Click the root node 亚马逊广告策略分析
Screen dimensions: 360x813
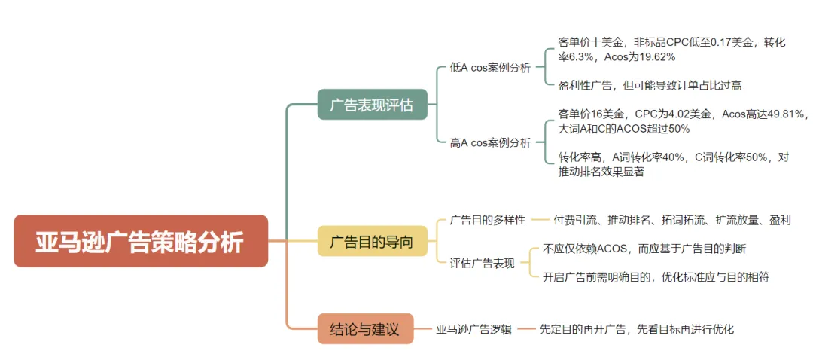click(141, 241)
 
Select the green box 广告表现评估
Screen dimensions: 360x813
click(372, 104)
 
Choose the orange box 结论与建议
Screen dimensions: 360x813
click(365, 329)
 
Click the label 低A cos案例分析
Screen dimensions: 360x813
click(490, 67)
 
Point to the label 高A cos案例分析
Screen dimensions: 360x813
click(490, 142)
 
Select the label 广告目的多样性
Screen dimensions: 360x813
click(487, 220)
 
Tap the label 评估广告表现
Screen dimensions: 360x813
click(482, 263)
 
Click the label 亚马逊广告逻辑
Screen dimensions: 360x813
click(474, 329)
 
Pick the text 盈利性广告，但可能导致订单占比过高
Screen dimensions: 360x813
click(650, 85)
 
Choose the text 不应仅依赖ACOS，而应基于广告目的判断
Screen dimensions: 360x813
click(644, 249)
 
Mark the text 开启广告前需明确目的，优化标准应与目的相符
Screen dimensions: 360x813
click(655, 277)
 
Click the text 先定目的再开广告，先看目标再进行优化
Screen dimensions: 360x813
click(636, 329)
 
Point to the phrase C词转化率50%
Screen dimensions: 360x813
click(729, 157)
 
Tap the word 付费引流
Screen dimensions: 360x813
click(575, 220)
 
